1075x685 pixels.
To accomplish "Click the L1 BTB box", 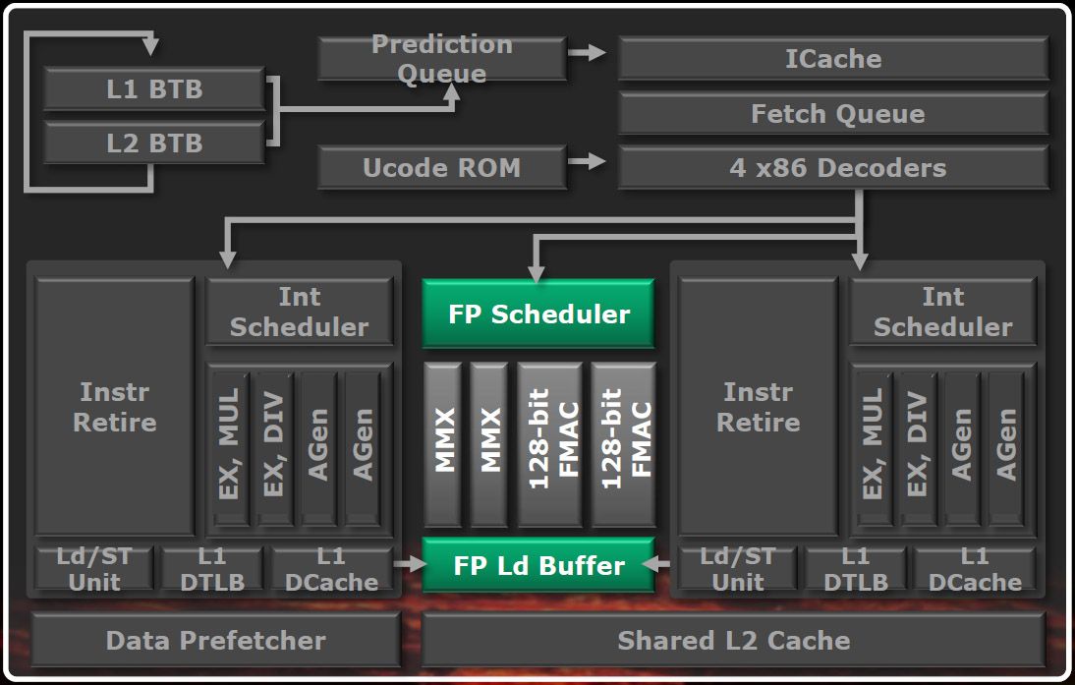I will pos(154,90).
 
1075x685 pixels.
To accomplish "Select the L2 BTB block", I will pos(154,143).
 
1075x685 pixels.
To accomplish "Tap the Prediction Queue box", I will pos(441,59).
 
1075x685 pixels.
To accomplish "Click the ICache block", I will pos(832,59).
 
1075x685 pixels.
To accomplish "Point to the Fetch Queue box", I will pos(832,114).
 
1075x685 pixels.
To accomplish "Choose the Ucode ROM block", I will pos(441,167).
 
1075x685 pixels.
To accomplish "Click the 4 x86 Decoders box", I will pos(832,167).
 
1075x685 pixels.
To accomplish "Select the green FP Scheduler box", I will pos(538,314).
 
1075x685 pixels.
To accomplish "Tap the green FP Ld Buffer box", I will pos(538,565).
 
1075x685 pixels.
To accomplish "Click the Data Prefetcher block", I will pos(215,641).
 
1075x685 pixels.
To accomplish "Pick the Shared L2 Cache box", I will pos(733,641).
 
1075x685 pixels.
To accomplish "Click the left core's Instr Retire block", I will pos(115,407).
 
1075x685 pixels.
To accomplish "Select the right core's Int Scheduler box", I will pos(942,312).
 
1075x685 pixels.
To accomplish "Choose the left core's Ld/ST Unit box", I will pos(94,569).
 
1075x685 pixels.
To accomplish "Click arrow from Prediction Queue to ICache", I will pos(591,52).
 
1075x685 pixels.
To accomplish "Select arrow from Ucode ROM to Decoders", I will pos(591,160).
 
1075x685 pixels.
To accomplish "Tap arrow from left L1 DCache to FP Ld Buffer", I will pos(407,564).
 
